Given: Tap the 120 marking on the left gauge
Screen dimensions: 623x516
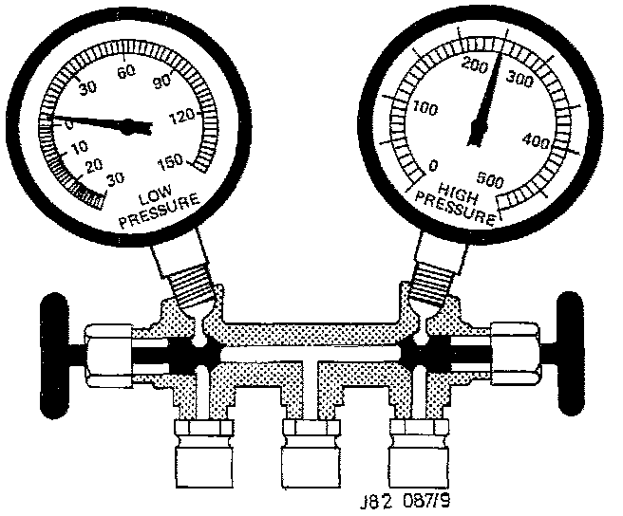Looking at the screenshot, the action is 181,117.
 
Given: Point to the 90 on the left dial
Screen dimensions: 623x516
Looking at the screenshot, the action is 162,81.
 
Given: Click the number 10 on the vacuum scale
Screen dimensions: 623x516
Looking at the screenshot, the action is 79,147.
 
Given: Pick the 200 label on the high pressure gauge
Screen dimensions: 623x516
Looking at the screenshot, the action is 475,64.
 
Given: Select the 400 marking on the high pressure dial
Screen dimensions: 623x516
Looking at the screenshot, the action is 537,139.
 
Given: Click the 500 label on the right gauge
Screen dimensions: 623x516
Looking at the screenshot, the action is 490,179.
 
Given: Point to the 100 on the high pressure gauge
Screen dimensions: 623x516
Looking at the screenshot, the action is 425,107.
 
